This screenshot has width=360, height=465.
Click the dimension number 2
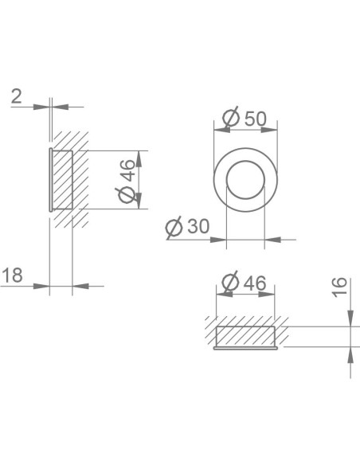point(16,96)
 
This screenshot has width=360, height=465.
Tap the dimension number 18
point(13,275)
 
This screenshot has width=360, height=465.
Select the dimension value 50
point(256,119)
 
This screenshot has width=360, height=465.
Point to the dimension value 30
point(198,226)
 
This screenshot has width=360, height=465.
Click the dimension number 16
point(339,287)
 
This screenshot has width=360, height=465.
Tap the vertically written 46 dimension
point(128,170)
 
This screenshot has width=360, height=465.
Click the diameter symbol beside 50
point(231,118)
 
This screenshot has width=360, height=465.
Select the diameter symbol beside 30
point(174,227)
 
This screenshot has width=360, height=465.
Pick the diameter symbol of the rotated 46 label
point(127,195)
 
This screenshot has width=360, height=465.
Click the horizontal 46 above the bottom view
point(255,283)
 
